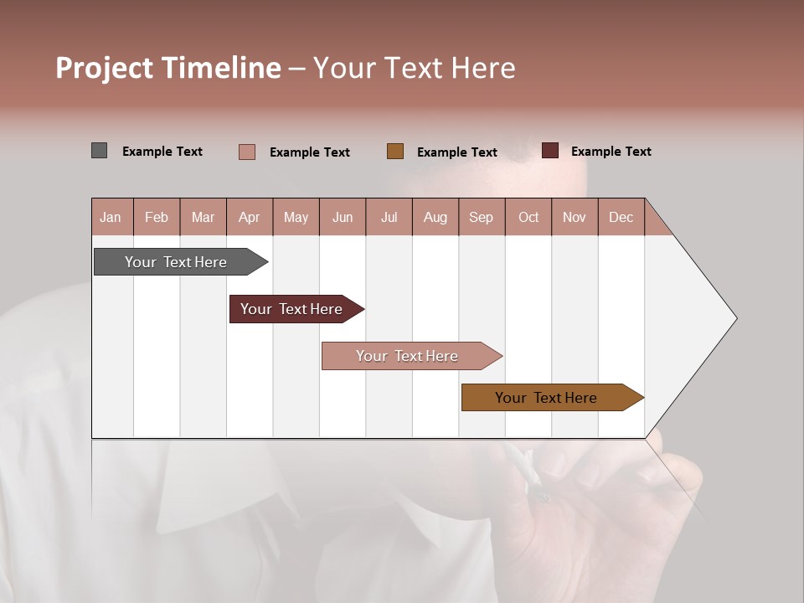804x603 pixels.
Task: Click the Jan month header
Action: [x=111, y=217]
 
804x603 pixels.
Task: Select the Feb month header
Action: [x=157, y=217]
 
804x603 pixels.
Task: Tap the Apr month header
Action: [x=249, y=217]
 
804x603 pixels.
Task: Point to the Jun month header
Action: [x=343, y=217]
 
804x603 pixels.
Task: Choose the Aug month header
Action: [x=435, y=217]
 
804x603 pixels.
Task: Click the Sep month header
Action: [x=482, y=217]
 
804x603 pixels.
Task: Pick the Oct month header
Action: [x=528, y=217]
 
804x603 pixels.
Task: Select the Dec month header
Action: [x=621, y=217]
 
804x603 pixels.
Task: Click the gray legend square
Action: [x=100, y=151]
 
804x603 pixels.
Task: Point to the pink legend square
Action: [x=247, y=152]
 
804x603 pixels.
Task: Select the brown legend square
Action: [x=395, y=151]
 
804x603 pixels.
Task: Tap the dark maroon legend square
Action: [x=550, y=151]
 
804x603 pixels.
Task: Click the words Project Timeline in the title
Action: [x=168, y=68]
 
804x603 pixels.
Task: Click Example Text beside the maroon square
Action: [x=611, y=152]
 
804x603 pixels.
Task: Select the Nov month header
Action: [x=575, y=217]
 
